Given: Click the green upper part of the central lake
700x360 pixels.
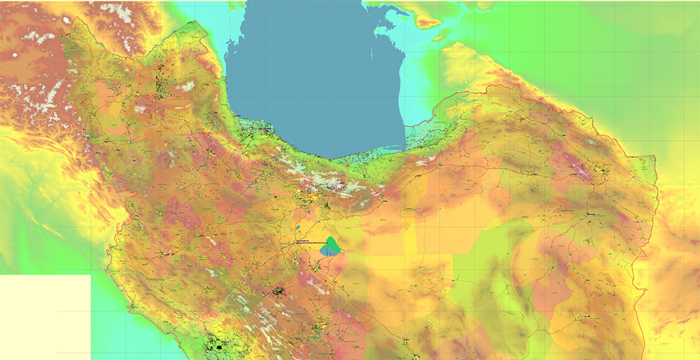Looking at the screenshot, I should [x=331, y=243].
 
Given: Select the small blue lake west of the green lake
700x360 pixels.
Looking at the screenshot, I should [x=298, y=227].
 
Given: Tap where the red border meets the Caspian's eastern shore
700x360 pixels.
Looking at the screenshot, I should [x=406, y=126].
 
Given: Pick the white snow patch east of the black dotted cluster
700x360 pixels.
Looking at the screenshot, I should [x=188, y=85].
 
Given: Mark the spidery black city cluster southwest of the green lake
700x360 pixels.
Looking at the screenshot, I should [x=280, y=290].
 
